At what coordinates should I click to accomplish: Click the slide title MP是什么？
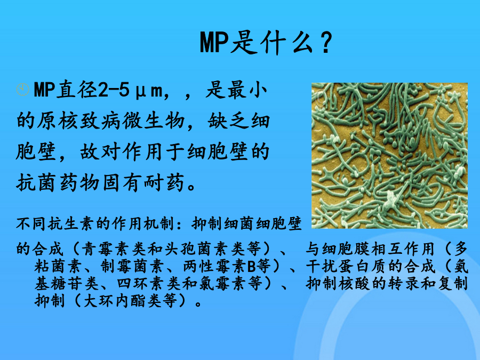[266, 42]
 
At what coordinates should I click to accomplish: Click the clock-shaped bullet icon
[22, 90]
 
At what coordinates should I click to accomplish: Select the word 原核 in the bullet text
[57, 121]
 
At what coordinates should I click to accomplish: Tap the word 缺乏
[228, 121]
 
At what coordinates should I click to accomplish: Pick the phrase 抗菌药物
[58, 183]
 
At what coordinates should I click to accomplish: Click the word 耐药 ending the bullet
[164, 183]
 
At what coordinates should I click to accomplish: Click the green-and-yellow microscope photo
[389, 156]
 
